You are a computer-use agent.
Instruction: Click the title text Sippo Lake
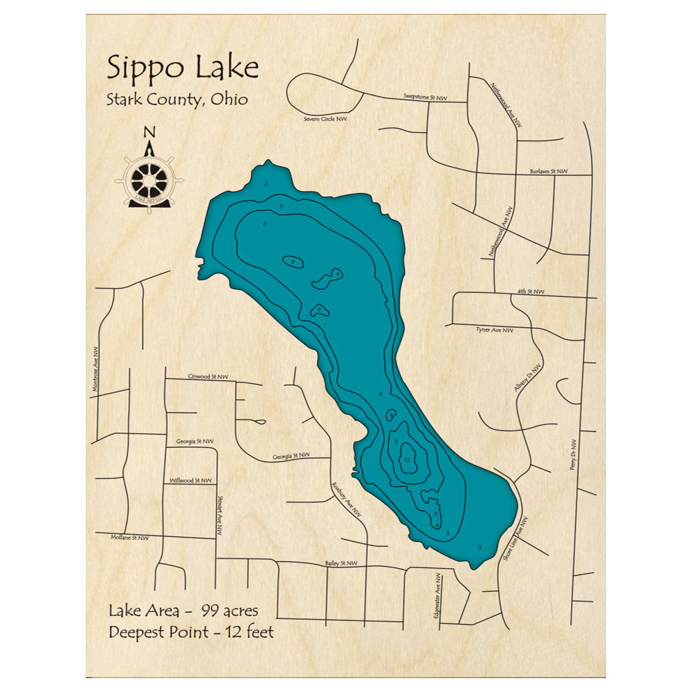[x=183, y=69]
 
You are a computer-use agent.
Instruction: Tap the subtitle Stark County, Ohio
[x=176, y=98]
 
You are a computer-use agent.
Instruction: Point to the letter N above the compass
[x=149, y=133]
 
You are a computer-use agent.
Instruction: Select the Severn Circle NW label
[x=325, y=119]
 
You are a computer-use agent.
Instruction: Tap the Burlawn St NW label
[x=548, y=171]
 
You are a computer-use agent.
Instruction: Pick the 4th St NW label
[x=531, y=291]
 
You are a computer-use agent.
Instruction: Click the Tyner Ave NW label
[x=495, y=330]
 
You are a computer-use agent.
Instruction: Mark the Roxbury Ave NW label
[x=346, y=499]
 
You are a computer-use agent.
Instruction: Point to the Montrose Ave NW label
[x=96, y=370]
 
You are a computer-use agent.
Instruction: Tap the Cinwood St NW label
[x=208, y=377]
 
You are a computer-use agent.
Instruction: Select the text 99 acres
[x=230, y=610]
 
